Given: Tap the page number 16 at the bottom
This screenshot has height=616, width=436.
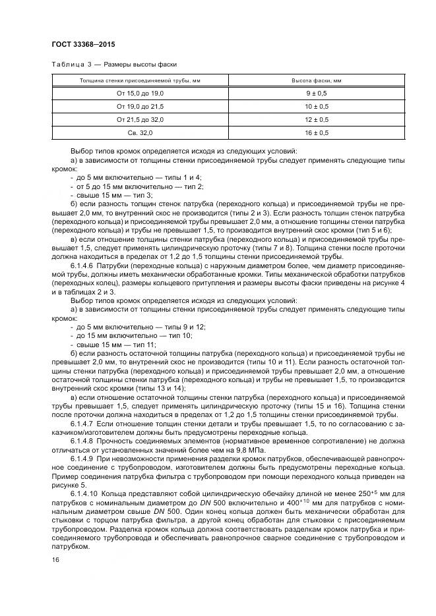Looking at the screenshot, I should tap(54, 560).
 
